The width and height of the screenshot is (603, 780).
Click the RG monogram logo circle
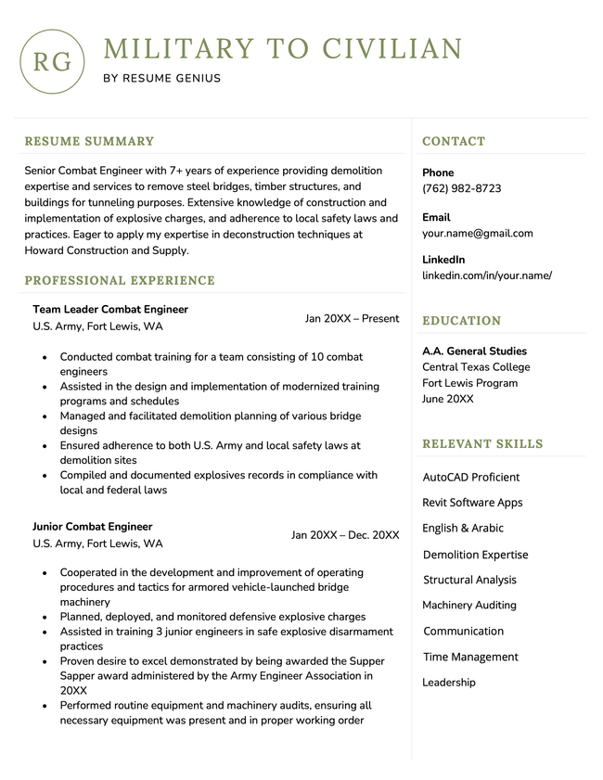tap(52, 62)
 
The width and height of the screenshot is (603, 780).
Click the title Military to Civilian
tap(283, 49)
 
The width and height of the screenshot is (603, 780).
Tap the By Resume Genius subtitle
tap(162, 79)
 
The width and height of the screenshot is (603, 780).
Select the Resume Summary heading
tap(89, 142)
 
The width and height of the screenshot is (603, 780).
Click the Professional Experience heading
tap(120, 281)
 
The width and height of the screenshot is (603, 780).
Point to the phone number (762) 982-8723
tap(461, 188)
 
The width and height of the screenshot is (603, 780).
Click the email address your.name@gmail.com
tap(477, 233)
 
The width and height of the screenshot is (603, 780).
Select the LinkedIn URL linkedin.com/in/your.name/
tap(486, 275)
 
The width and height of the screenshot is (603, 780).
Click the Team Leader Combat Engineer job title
tap(110, 310)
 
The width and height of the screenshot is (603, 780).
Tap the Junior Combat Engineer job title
tap(93, 527)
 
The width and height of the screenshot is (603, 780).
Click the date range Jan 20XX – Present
tap(352, 319)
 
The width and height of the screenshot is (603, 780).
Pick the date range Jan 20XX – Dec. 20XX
tap(345, 535)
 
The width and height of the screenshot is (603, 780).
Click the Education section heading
tap(461, 321)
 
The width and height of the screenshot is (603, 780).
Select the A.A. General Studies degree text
tap(474, 352)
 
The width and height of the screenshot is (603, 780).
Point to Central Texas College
tap(476, 367)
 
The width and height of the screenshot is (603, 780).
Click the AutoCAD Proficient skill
tap(471, 478)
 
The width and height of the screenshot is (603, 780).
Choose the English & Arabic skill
tap(463, 529)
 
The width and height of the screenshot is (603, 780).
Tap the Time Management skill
tap(470, 658)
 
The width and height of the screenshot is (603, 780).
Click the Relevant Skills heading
tap(482, 444)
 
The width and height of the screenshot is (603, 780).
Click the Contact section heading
tap(454, 142)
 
